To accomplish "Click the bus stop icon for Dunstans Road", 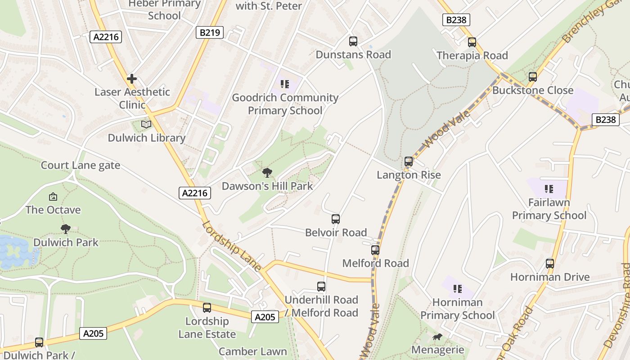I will (x=353, y=41).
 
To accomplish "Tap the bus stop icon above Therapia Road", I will (x=472, y=42).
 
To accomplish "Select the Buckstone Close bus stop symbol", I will (x=533, y=77).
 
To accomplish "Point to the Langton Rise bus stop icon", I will (x=408, y=162).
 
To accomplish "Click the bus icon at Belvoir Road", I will (x=336, y=219).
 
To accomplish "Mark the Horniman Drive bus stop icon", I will (x=550, y=264).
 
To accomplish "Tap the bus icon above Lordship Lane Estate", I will (x=207, y=308).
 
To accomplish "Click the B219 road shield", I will (x=210, y=32).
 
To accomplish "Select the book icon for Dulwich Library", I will (x=146, y=124).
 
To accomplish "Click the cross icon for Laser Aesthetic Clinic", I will (x=131, y=79).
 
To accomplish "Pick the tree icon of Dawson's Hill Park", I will (x=267, y=172).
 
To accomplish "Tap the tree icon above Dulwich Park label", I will (x=66, y=229).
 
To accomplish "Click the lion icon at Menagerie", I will (x=437, y=337).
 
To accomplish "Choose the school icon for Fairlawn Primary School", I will (x=549, y=189).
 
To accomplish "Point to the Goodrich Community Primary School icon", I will (x=284, y=84).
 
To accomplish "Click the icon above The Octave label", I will (x=53, y=197).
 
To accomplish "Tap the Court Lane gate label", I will (x=81, y=165).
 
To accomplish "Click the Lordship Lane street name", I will (x=231, y=246).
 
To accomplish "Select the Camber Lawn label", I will (x=252, y=351).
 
